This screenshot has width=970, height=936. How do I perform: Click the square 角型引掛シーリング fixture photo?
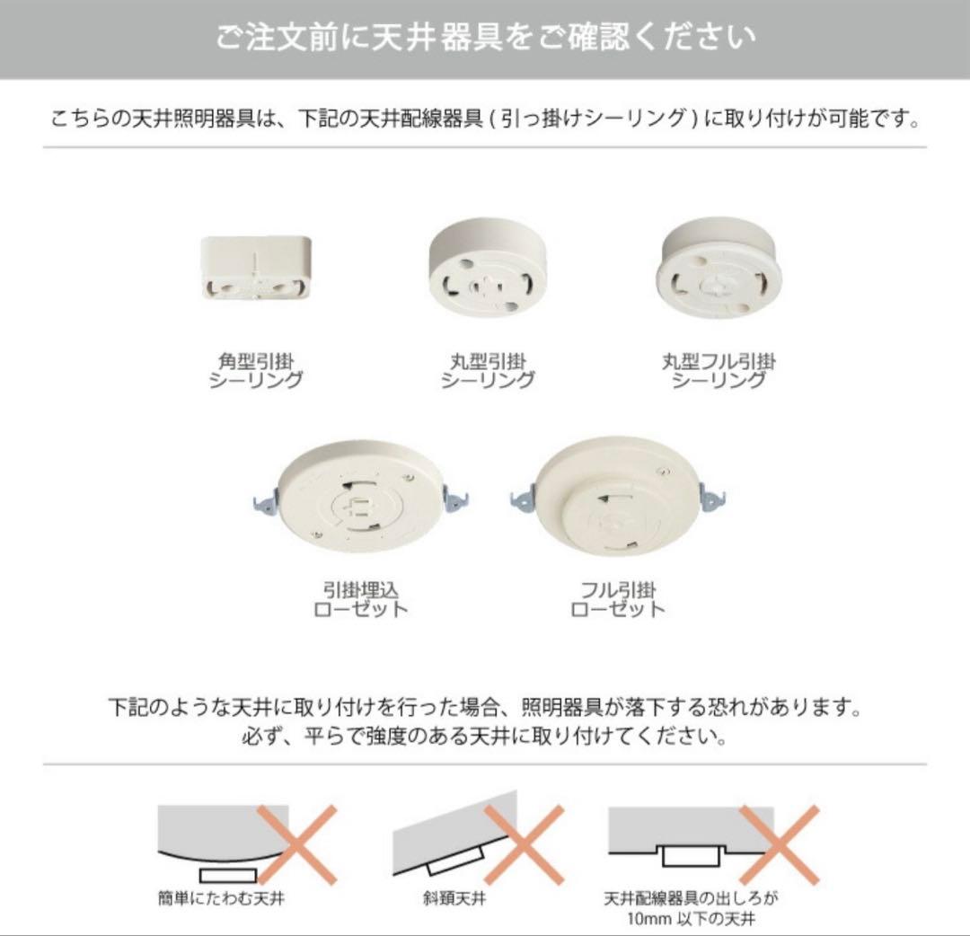[x=256, y=267]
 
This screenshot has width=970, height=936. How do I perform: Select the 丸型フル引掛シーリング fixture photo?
[x=719, y=269]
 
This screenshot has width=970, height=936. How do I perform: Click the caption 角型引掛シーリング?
[x=256, y=370]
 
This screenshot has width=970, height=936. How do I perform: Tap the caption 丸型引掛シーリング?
[x=488, y=370]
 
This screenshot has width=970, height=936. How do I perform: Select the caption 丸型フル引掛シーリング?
[x=719, y=370]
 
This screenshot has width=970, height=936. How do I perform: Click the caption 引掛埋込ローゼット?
[x=361, y=599]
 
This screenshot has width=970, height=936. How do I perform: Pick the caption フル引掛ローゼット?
[x=618, y=599]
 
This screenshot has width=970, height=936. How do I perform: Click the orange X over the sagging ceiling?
[x=297, y=844]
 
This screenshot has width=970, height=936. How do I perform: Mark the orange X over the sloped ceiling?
[x=525, y=844]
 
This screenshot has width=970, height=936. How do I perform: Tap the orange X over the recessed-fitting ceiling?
[x=780, y=844]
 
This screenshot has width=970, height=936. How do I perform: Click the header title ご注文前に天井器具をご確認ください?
[x=485, y=38]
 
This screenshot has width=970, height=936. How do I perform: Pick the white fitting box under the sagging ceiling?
[x=228, y=874]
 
